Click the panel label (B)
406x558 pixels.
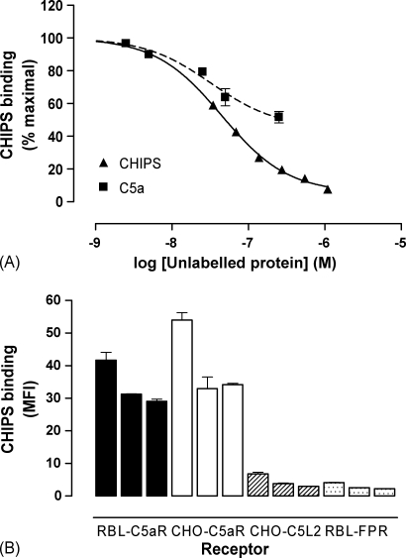[x=14, y=543]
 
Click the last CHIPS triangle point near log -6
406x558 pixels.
[x=327, y=188]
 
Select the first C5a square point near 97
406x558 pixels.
[x=126, y=44]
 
